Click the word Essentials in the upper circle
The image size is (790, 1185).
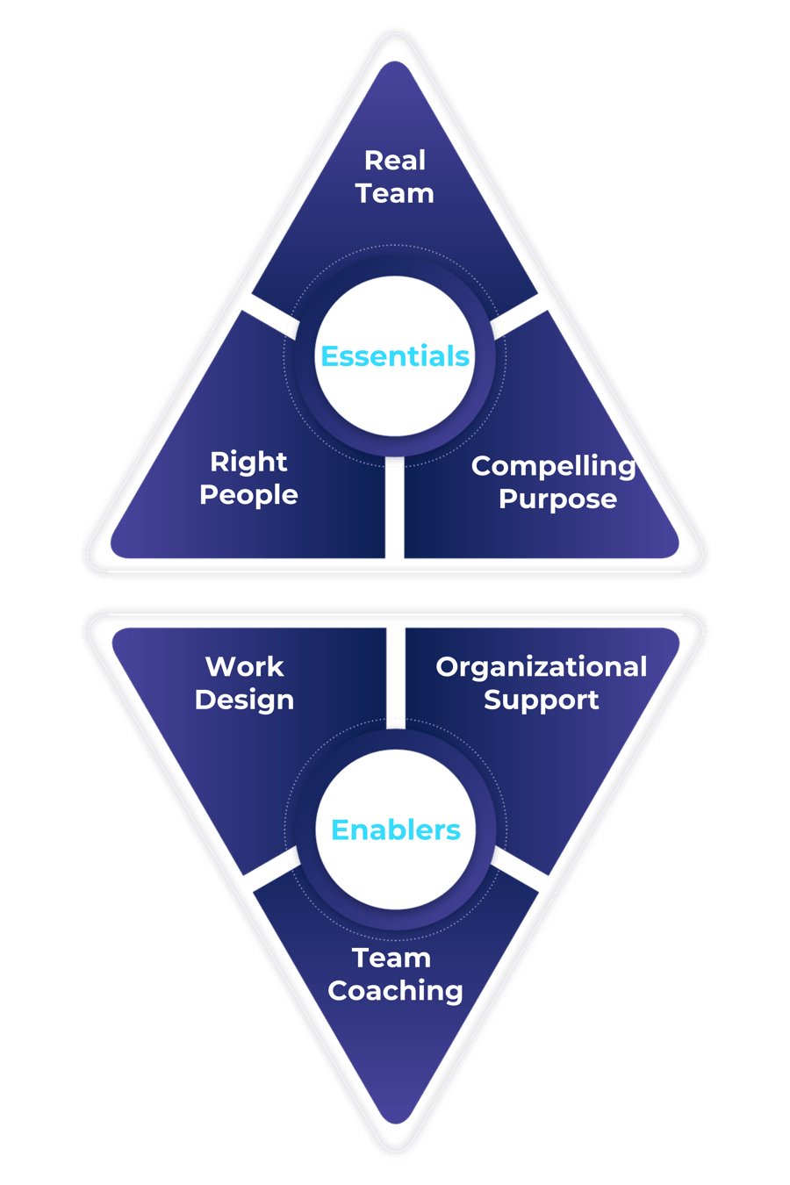pos(395,356)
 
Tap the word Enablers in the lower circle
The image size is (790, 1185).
pos(395,829)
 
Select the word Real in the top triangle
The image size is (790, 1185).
pos(395,161)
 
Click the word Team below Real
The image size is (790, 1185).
pos(395,193)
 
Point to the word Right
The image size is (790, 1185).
pos(248,462)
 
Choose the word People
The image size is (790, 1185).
pos(248,494)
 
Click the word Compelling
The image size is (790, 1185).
pos(553,467)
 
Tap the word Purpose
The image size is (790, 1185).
pos(557,499)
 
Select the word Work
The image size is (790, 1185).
pos(244,667)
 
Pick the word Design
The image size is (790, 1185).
pos(244,700)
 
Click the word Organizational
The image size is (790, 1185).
pos(541,667)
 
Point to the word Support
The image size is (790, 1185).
pos(541,700)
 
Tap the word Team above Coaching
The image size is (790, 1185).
pos(391,958)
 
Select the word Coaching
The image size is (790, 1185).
pos(395,990)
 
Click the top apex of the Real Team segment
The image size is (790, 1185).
pos(395,66)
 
